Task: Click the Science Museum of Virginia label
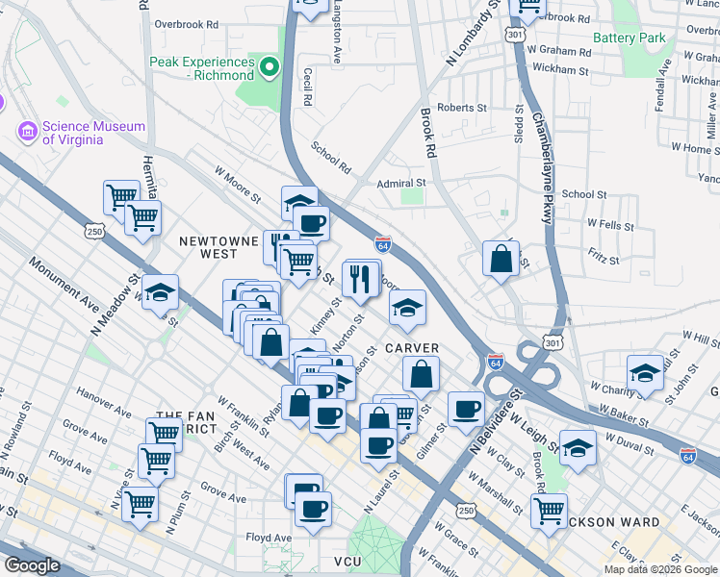[x=92, y=133]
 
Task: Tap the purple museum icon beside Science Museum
[x=27, y=131]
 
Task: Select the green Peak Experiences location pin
[x=270, y=67]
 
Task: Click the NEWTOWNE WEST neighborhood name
[x=213, y=247]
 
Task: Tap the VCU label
[x=347, y=561]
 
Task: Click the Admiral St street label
[x=400, y=183]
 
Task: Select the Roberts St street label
[x=461, y=109]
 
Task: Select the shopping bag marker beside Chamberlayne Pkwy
[x=501, y=259]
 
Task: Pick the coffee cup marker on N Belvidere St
[x=467, y=409]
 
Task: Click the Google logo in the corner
[x=32, y=565]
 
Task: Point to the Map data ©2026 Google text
[x=660, y=569]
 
